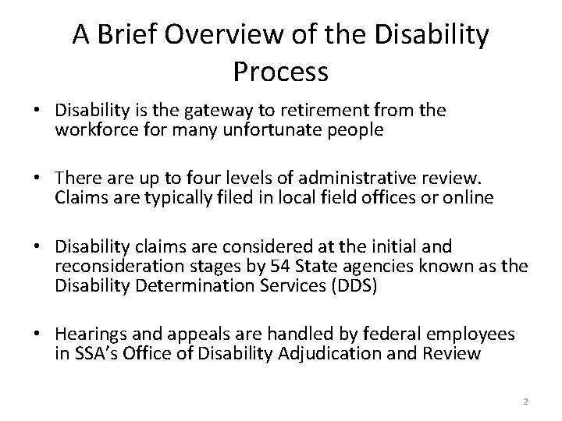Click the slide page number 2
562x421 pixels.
[x=525, y=402]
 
